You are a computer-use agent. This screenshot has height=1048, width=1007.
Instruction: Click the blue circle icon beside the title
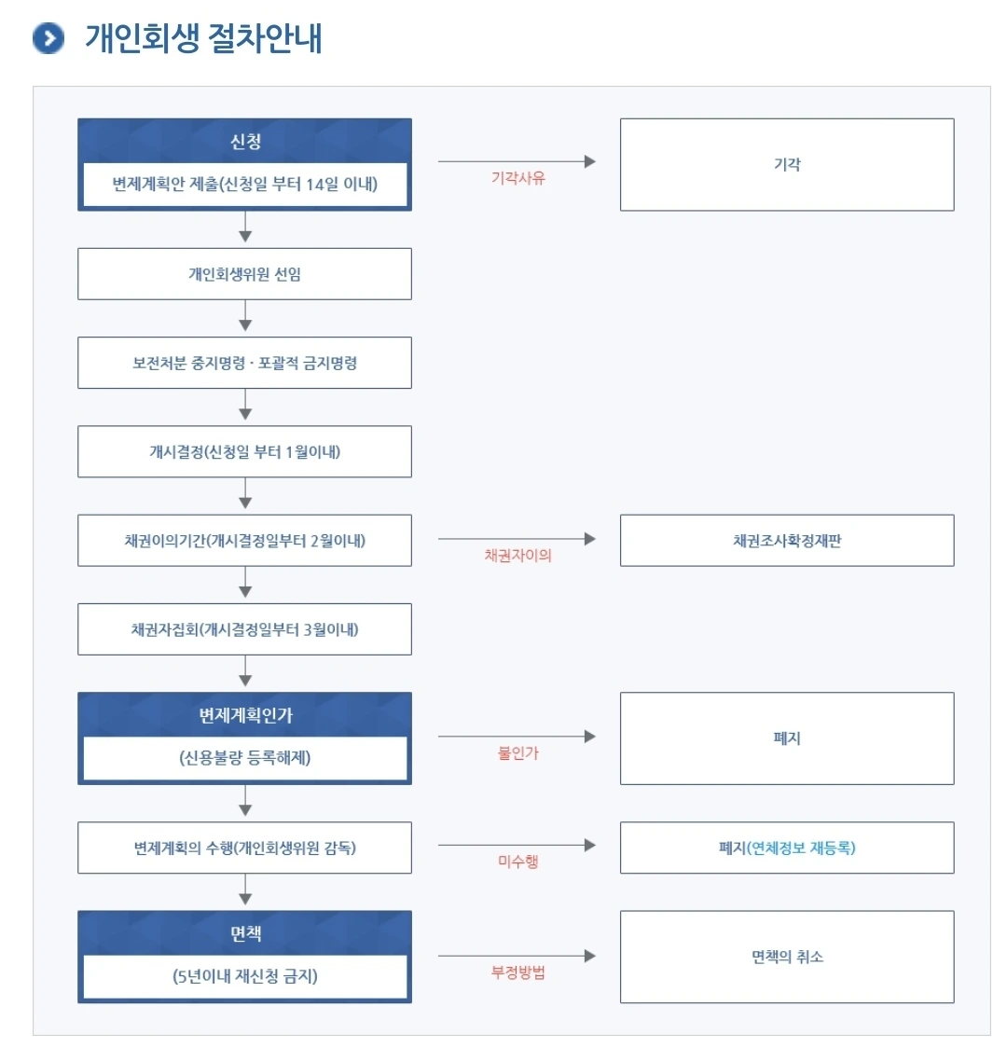tap(48, 38)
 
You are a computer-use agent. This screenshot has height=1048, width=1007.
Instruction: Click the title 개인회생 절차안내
tap(203, 38)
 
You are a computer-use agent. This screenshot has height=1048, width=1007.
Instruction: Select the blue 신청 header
tap(245, 142)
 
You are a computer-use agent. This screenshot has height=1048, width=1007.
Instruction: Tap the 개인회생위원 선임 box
tap(244, 274)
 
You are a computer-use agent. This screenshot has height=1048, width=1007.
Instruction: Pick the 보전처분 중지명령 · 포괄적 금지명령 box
tap(244, 363)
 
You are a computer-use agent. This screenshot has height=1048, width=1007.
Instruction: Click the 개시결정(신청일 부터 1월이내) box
tap(244, 452)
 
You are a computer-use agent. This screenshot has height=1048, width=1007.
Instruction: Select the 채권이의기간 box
tap(244, 541)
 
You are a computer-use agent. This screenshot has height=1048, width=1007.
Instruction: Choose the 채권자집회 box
tap(244, 629)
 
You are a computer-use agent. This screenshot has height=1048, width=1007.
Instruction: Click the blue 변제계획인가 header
tap(245, 715)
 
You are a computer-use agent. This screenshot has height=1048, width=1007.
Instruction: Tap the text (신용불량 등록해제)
tap(245, 758)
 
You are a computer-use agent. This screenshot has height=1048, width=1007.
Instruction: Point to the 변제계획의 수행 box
tap(244, 848)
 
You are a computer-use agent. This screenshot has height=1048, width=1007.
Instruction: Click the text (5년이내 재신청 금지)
tap(245, 976)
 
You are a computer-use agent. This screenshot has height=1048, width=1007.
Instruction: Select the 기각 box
tap(787, 164)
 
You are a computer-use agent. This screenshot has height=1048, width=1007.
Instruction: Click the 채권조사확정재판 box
tap(787, 541)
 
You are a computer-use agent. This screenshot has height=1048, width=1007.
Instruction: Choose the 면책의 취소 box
tap(787, 957)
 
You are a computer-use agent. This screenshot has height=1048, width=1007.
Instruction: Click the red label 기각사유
tap(518, 178)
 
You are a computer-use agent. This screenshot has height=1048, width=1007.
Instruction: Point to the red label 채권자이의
tap(517, 556)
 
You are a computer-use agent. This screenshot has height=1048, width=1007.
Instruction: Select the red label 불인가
tap(517, 753)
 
